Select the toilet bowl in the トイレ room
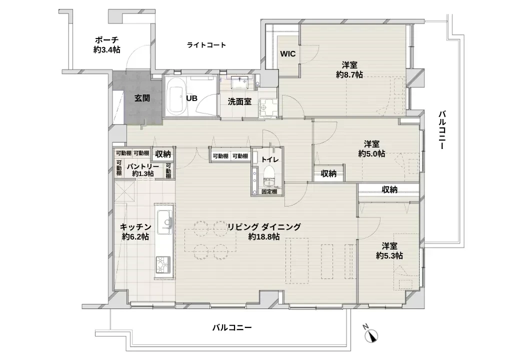tap(269, 176)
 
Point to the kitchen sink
tap(164, 220)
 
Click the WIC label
tap(287, 53)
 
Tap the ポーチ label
tap(107, 40)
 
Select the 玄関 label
tap(142, 98)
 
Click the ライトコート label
tap(206, 45)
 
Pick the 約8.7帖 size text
tap(349, 74)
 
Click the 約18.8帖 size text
tap(263, 236)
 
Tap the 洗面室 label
tap(239, 102)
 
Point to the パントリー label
tap(143, 166)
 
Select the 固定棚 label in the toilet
tap(269, 191)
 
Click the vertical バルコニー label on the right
tap(442, 130)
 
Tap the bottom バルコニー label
tap(232, 328)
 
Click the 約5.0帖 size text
tap(371, 154)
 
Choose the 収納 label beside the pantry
tap(163, 154)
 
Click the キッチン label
tap(135, 227)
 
